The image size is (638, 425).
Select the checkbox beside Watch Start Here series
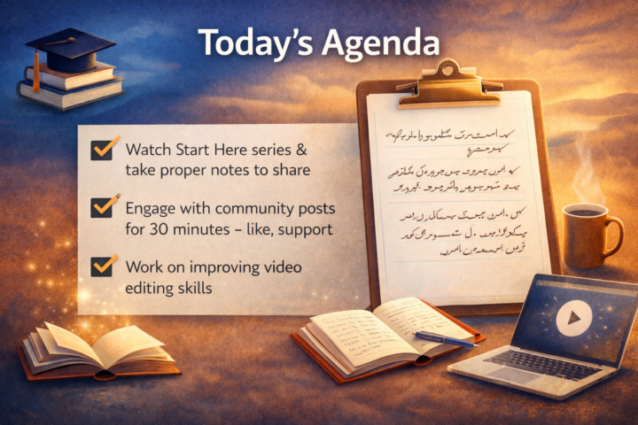pyautogui.click(x=102, y=149)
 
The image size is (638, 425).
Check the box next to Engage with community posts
pyautogui.click(x=102, y=207)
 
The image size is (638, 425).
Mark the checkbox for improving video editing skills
pyautogui.click(x=102, y=265)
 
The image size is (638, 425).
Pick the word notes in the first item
pyautogui.click(x=220, y=168)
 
